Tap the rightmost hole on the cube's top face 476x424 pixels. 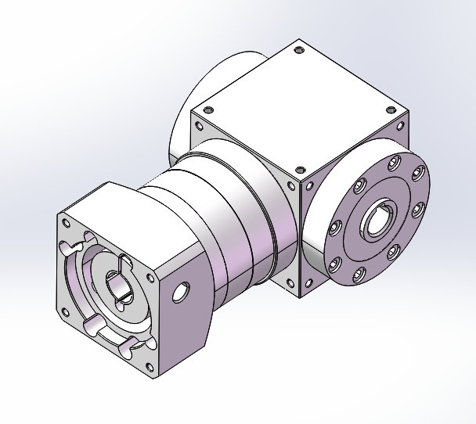point(390,110)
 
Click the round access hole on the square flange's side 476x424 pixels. point(180,291)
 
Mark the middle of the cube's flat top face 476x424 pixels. point(298,110)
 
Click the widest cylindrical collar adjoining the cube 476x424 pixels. point(235,227)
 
